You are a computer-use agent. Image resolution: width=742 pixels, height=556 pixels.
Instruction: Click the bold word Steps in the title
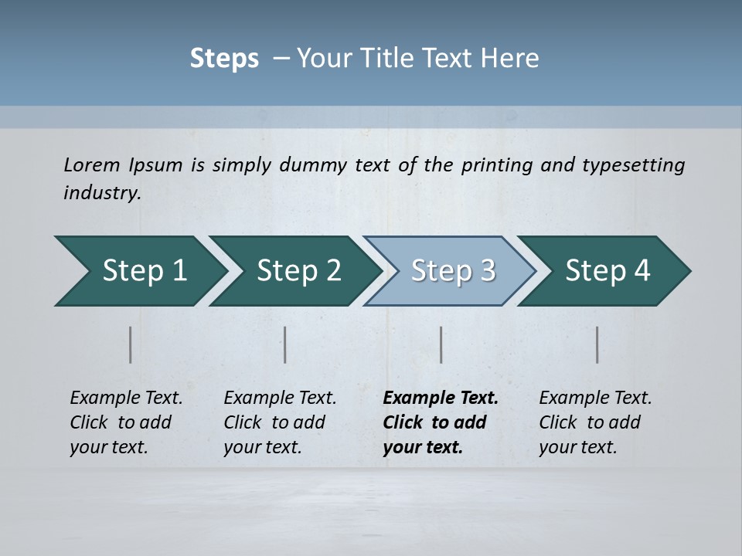(224, 59)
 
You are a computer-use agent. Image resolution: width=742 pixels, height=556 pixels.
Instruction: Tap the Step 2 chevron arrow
(294, 271)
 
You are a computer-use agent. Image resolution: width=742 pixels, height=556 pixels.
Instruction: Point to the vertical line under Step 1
(131, 344)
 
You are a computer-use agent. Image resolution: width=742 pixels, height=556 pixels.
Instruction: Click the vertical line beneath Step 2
(285, 344)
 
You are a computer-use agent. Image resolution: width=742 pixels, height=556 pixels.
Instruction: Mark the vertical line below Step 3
(441, 344)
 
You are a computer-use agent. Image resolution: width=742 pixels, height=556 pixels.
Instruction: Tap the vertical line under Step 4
(597, 344)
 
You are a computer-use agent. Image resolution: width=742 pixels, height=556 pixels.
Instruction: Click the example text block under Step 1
(126, 422)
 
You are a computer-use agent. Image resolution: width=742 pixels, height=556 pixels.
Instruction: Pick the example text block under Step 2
(280, 422)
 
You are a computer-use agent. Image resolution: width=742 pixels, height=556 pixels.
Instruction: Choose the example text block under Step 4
(595, 422)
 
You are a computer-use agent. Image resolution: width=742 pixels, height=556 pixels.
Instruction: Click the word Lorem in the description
(92, 165)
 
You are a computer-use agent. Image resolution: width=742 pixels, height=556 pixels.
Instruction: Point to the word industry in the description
(102, 193)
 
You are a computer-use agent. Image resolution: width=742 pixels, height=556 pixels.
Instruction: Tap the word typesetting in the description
(633, 165)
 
